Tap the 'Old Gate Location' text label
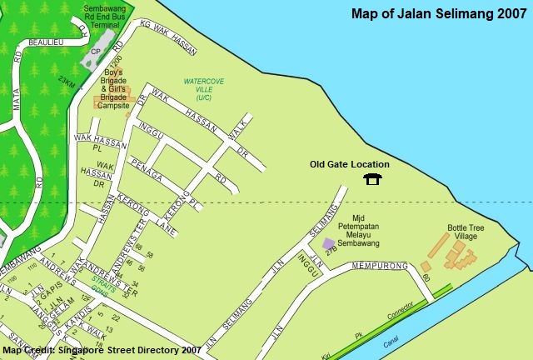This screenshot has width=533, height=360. point(349,164)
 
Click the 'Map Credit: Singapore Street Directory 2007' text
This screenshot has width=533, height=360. point(102,351)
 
